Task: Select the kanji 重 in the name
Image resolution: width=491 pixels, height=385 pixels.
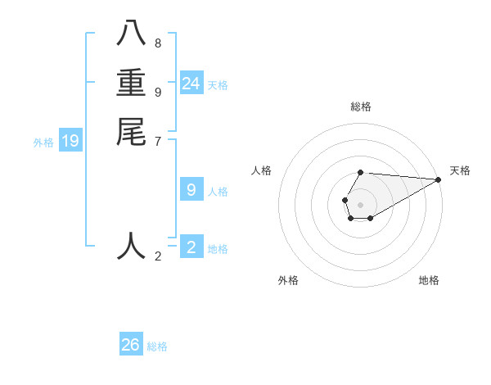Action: (x=131, y=83)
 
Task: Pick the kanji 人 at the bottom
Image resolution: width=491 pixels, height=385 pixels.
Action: (x=131, y=245)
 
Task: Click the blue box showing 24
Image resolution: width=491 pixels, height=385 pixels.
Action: (x=191, y=84)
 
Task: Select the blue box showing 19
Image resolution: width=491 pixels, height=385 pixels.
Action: (x=70, y=142)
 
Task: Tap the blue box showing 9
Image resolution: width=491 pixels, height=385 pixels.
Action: (x=191, y=190)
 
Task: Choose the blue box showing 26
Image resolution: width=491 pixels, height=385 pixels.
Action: (x=131, y=345)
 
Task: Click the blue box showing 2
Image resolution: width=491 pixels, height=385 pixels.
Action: (x=191, y=247)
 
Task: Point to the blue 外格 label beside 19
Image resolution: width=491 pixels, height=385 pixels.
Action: (x=43, y=143)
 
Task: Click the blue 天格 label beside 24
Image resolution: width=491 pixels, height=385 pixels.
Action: (x=218, y=85)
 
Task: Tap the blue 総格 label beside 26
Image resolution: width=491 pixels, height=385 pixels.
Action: (x=157, y=346)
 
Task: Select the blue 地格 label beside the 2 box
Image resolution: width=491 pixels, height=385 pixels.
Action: (x=218, y=249)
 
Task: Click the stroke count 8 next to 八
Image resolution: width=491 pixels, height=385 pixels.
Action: (x=158, y=43)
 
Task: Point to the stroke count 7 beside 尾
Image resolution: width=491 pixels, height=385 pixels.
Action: (x=158, y=142)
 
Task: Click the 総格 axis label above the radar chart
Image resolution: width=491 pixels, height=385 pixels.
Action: (x=361, y=106)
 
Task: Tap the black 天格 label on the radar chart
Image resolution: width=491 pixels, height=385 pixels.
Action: (x=460, y=170)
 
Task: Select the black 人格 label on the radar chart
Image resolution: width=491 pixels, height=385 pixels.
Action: (x=262, y=170)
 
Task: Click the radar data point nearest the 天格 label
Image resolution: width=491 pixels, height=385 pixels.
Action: (x=438, y=179)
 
